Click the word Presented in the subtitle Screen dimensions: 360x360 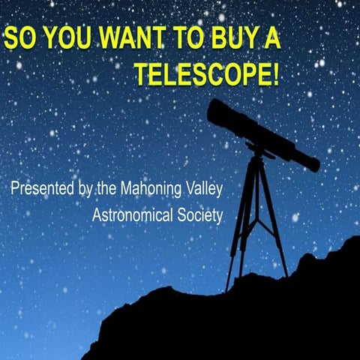pos(43,188)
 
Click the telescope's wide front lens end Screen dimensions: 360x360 pos(218,113)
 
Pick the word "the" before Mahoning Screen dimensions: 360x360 pos(108,188)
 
